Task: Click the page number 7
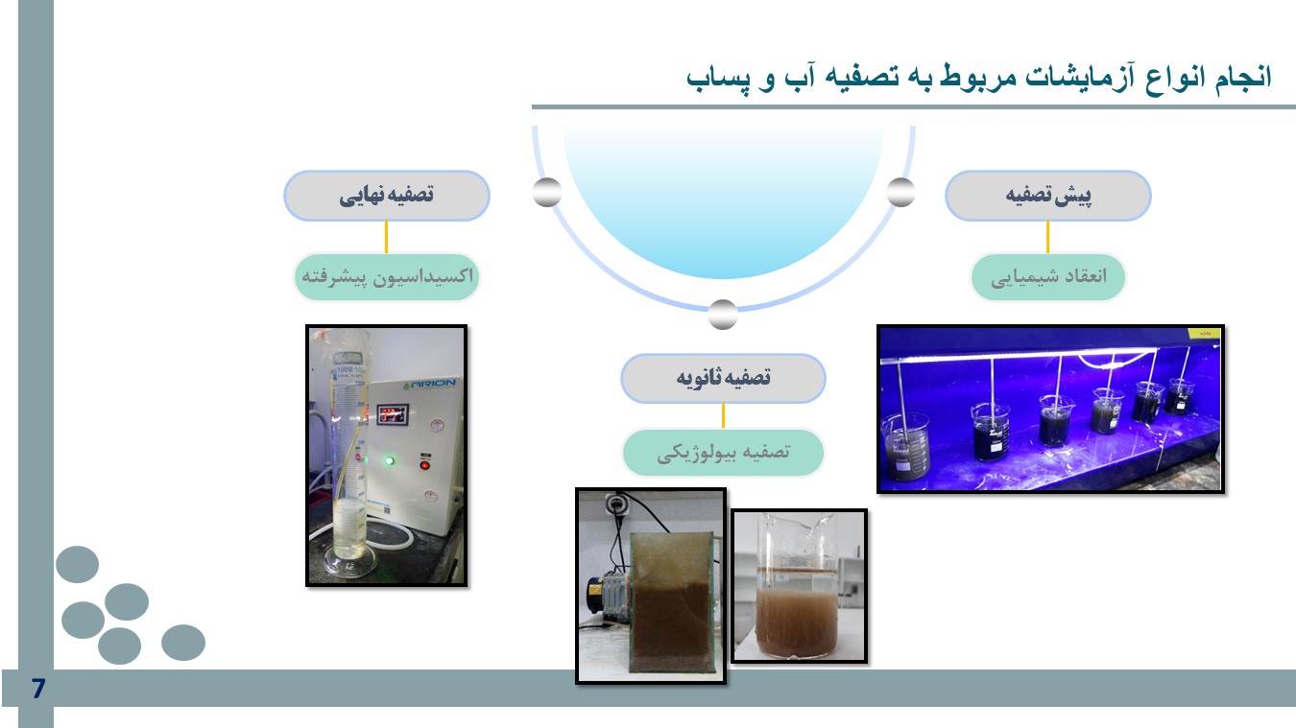tap(38, 688)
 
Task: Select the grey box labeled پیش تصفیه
tap(1047, 196)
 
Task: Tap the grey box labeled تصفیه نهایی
tap(387, 196)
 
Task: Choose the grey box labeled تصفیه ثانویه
tap(723, 378)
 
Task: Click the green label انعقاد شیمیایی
tap(1047, 277)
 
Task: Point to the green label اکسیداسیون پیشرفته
tap(387, 277)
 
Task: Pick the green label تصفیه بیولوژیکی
tap(723, 453)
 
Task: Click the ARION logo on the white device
tap(429, 384)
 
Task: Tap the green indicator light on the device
tap(390, 460)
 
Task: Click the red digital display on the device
tap(394, 414)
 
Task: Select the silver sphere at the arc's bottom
tap(723, 315)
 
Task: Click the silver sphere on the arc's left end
tap(547, 192)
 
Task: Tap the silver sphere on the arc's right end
tap(900, 192)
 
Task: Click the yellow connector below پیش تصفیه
tap(1047, 237)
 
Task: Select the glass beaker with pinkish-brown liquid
tap(797, 586)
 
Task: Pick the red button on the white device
tap(425, 465)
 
